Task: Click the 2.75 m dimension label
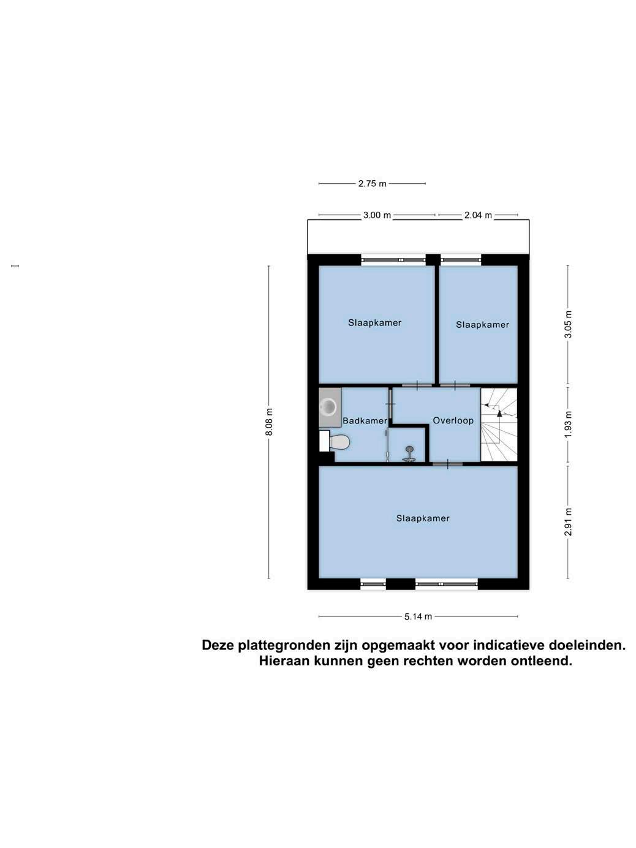coord(372,184)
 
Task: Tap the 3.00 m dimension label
coord(377,215)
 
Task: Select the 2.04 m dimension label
coord(478,215)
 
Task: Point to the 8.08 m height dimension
coord(269,422)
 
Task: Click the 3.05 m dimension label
coord(568,324)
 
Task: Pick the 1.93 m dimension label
coord(568,425)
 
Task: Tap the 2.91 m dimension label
coord(568,522)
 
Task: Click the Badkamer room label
coord(365,421)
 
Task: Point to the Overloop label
coord(453,420)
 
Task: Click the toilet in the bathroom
coord(335,441)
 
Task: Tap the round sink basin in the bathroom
coord(330,406)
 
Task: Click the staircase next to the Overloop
coord(499,424)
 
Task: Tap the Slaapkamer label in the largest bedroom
coord(423,518)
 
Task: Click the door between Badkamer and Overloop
coord(390,404)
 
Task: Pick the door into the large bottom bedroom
coord(447,464)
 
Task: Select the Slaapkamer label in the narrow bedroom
coord(482,325)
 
